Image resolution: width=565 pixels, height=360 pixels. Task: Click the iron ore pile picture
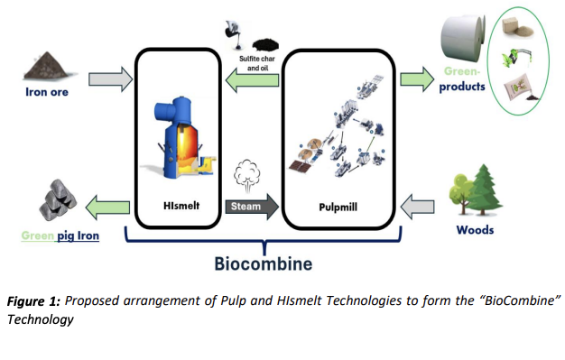click(46, 66)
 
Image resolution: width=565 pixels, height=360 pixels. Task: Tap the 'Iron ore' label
click(47, 92)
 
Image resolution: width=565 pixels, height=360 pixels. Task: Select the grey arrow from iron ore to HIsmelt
click(111, 78)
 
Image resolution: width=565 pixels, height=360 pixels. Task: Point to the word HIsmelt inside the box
click(181, 206)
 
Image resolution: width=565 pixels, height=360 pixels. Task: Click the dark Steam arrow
click(252, 207)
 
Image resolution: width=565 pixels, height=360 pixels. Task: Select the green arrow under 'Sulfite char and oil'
click(252, 80)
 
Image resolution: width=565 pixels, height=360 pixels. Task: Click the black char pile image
click(265, 45)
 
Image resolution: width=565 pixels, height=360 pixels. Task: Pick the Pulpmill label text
click(338, 208)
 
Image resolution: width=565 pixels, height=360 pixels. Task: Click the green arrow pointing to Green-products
click(417, 78)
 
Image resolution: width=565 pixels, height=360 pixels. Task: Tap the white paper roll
click(463, 37)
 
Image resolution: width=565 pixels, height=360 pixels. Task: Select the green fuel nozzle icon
click(517, 57)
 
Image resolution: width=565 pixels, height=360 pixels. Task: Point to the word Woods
click(475, 230)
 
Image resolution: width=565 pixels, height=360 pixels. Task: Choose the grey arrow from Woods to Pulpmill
click(417, 207)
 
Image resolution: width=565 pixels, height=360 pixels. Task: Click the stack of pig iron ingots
click(58, 200)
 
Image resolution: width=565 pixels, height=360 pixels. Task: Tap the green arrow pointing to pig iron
click(107, 208)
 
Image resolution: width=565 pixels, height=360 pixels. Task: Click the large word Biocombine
click(264, 263)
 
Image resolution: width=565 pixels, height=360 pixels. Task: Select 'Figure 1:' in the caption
click(33, 301)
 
